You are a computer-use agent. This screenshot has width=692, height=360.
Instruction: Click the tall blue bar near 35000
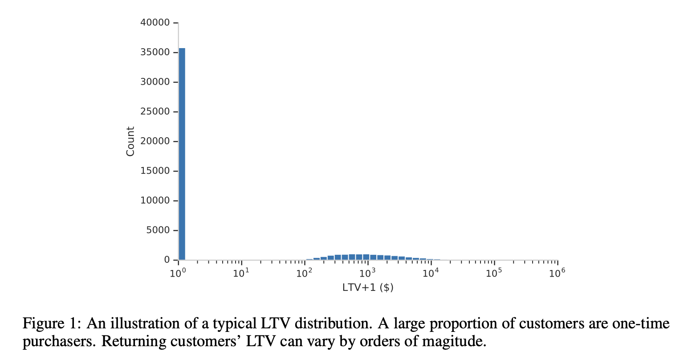(182, 154)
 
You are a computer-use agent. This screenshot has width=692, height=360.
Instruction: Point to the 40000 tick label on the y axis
(155, 22)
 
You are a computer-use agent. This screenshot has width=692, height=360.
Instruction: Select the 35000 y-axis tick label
(155, 52)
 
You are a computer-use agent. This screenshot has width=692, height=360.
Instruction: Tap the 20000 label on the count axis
(155, 141)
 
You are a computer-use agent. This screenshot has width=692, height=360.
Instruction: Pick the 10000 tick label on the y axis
(155, 200)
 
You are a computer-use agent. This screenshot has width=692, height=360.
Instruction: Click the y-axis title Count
(130, 141)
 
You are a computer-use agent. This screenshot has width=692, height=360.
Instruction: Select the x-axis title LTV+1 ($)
(368, 288)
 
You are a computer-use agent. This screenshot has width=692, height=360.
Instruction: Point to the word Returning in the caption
(129, 342)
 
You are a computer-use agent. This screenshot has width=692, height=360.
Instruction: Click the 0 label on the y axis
(167, 260)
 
